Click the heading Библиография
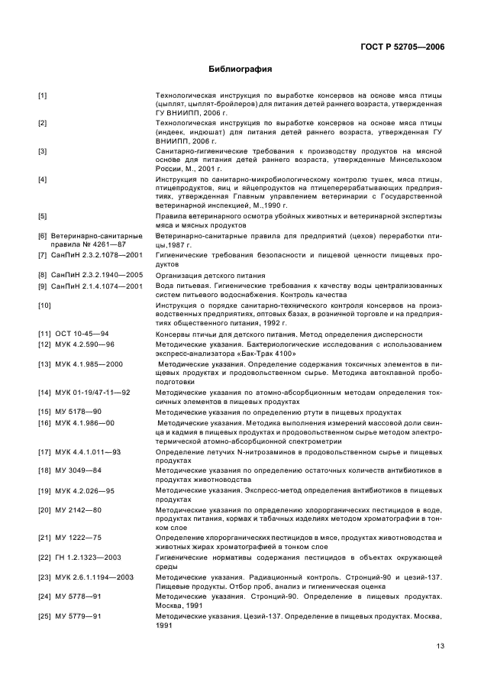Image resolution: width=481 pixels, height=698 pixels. [240, 69]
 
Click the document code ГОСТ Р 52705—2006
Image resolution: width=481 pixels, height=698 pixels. [402, 47]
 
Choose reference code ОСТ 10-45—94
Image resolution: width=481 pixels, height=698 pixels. [82, 334]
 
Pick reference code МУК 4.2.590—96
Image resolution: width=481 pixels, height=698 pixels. [86, 345]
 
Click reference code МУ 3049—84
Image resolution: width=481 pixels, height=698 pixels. [79, 471]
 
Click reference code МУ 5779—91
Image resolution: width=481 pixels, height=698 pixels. [79, 616]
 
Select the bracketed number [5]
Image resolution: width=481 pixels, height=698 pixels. [42, 215]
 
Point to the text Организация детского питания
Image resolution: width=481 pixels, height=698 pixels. [210, 275]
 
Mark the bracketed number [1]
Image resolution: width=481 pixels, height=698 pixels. [42, 95]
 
